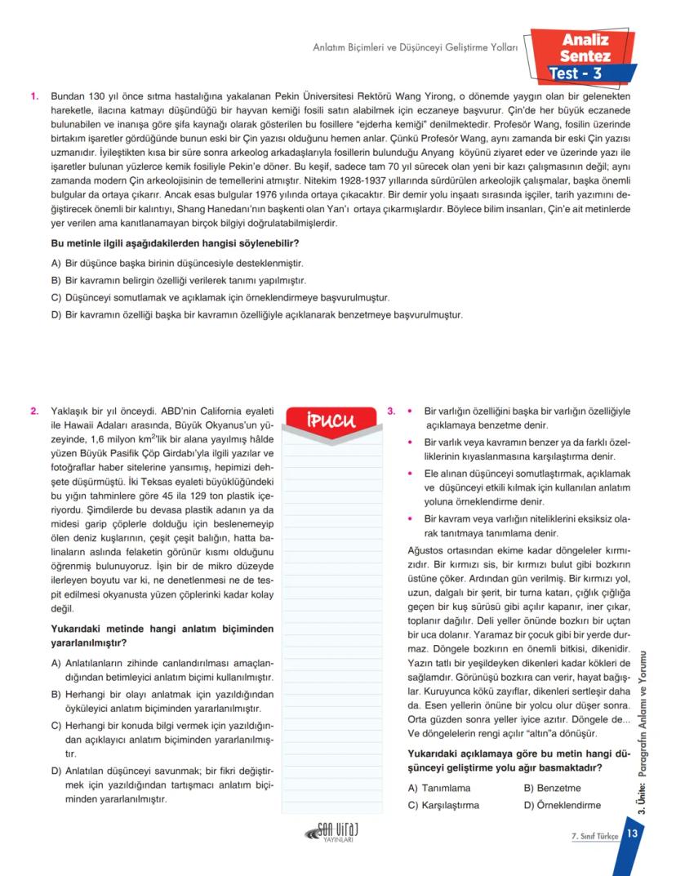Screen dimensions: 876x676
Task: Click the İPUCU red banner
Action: tap(330, 421)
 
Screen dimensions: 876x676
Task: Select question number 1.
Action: tap(34, 96)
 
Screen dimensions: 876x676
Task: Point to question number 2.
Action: tap(34, 411)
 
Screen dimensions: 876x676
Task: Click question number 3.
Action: tap(391, 411)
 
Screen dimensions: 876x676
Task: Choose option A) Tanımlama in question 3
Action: tap(438, 789)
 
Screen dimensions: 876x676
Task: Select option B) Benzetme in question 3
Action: tap(552, 789)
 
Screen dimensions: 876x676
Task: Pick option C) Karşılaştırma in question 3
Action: tap(443, 805)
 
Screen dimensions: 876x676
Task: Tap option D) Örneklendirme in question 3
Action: tap(562, 805)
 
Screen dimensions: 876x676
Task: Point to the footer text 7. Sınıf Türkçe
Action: tap(594, 836)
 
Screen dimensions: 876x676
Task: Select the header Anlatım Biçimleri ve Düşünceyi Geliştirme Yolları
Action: tap(416, 48)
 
